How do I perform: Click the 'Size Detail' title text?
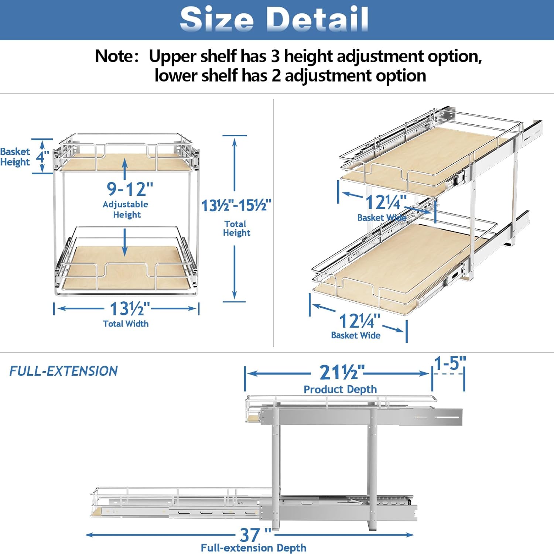(274, 19)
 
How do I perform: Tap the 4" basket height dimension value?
(43, 157)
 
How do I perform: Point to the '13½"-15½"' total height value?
(236, 205)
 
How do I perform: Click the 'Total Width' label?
(126, 324)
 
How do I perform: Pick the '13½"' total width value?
(130, 308)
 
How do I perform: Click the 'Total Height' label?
(236, 228)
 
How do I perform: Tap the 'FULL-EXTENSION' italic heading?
(64, 371)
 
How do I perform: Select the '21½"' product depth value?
(342, 372)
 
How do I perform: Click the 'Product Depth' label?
(340, 389)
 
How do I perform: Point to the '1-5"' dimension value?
(450, 363)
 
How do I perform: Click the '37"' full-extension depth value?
(255, 534)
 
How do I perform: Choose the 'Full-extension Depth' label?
(253, 548)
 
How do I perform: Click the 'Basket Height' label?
(15, 157)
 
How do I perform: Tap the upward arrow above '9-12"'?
(125, 169)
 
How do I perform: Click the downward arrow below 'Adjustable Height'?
(125, 242)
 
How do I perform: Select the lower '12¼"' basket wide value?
(359, 321)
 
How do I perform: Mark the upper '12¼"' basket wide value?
(386, 202)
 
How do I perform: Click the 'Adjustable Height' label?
(126, 209)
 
